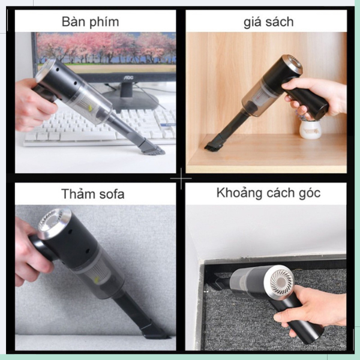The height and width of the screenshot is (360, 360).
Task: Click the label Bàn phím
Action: click(90, 22)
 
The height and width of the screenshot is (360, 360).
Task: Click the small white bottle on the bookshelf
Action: click(310, 128)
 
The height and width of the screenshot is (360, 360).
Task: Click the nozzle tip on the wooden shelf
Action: click(213, 145)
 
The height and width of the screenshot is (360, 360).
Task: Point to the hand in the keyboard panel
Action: click(33, 105)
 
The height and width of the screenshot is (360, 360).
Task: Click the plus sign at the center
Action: click(181, 178)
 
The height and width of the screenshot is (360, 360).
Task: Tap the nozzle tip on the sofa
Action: click(156, 331)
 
